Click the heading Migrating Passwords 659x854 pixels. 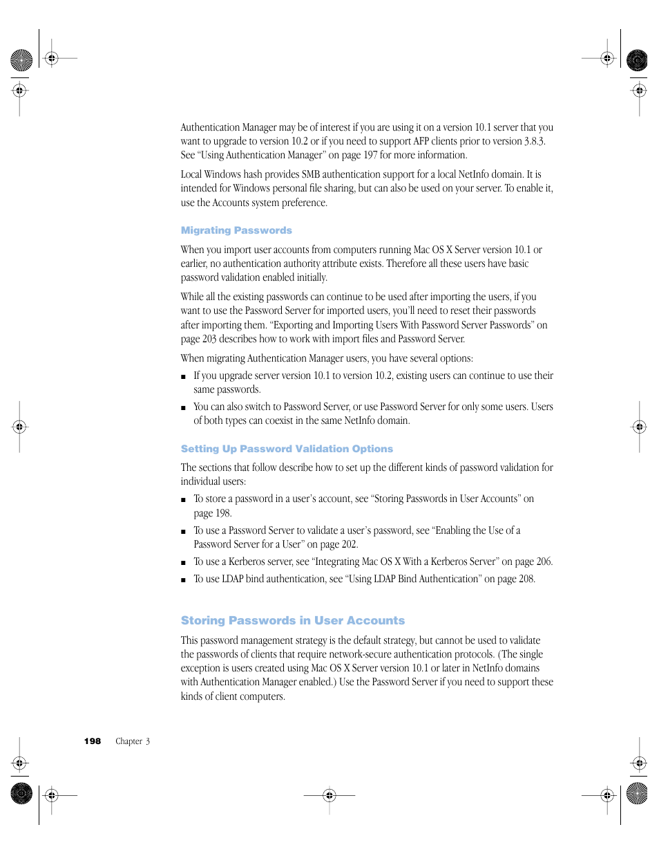[236, 230]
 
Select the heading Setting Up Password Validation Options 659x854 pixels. [287, 449]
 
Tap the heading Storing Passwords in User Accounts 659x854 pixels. [292, 620]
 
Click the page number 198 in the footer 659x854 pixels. [93, 741]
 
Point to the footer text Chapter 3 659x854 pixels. [132, 741]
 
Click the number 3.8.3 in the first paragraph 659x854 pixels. [534, 141]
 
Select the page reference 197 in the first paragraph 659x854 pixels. [370, 155]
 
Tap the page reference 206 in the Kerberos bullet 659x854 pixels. [544, 561]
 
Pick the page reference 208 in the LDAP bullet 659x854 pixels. [526, 579]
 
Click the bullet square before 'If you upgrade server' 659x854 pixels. [183, 377]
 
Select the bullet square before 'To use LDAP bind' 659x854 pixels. [183, 580]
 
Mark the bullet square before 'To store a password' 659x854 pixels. [183, 500]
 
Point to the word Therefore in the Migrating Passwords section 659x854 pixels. [406, 263]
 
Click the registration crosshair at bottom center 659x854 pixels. [329, 795]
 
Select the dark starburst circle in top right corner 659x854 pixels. [637, 61]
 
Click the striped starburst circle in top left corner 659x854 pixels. [21, 61]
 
